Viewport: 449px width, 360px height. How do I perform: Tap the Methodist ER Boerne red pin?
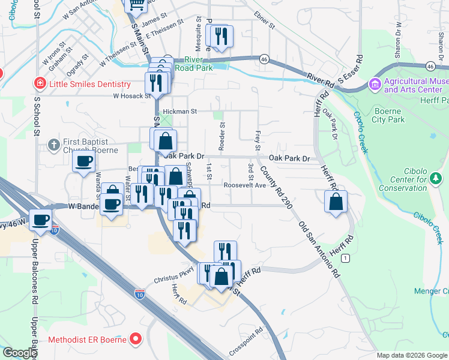pos(136,340)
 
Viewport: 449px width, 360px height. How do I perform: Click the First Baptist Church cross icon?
pos(54,144)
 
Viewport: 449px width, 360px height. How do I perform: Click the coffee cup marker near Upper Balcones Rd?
pos(41,220)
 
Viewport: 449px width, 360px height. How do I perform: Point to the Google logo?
pos(20,353)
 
